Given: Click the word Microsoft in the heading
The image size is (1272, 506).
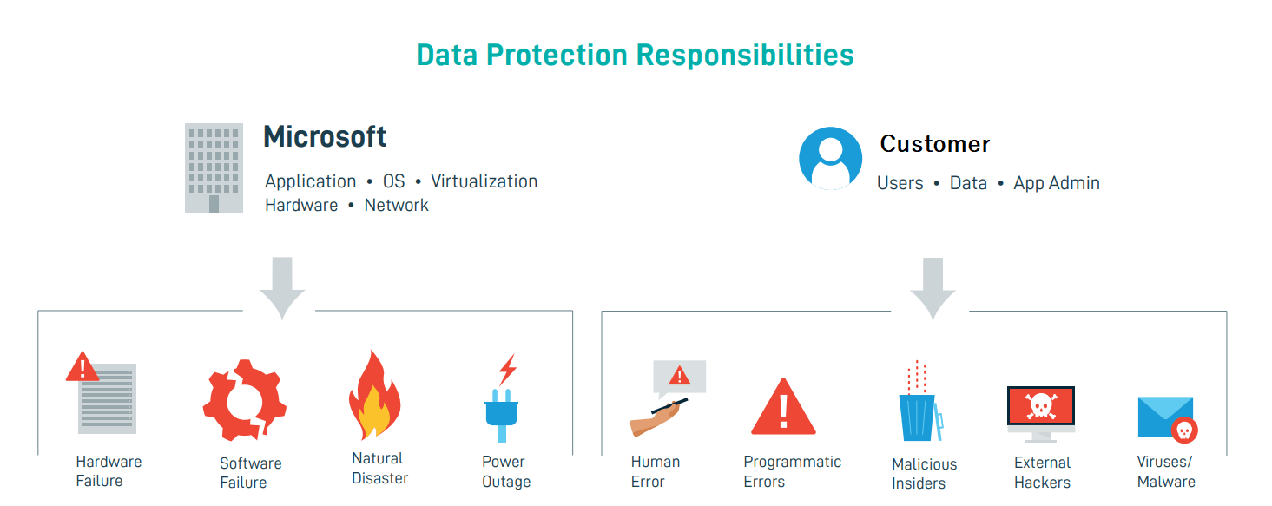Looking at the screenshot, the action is coord(325,137).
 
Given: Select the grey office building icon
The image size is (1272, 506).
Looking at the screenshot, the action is coord(214,168).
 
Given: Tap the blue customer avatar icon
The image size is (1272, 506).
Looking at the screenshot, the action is coord(830,158).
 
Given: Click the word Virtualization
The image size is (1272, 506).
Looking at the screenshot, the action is coord(484,181).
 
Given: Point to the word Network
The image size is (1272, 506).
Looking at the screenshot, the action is coord(397,205).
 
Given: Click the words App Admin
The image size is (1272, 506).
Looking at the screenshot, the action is coord(1056,183).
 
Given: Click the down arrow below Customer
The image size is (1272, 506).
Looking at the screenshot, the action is coord(933,288).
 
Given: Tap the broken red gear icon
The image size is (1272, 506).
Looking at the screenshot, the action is coord(245,400).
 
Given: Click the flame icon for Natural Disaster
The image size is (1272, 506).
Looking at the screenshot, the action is coord(375,395).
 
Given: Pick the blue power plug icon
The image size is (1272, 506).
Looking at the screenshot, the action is coord(501,415).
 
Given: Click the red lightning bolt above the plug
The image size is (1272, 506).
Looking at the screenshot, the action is coord(508,370).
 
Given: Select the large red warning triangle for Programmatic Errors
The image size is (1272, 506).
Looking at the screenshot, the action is coord(784,406).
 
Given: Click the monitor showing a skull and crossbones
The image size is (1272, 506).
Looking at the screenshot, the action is coord(1041,414).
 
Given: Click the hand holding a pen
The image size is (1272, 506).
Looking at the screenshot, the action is coord(659,418).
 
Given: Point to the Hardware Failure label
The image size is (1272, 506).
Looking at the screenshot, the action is coord(109,471).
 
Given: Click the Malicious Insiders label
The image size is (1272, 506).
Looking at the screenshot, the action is coord(924,474).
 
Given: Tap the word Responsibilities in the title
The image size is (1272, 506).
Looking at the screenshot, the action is coord(745,56).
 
